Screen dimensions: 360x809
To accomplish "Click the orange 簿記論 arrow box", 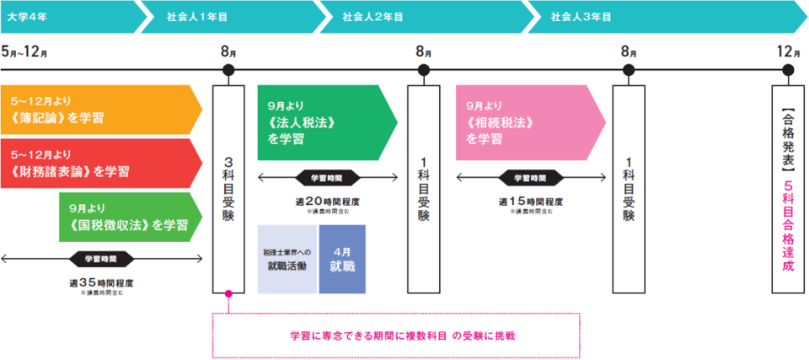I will coord(97,110).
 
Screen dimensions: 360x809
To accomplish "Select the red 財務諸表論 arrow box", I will coord(97,163).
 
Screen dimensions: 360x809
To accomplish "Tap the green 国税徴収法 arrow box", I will coord(126,217).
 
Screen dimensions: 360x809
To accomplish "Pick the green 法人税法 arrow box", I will coord(320,122).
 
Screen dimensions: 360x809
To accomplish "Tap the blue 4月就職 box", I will coord(342,259).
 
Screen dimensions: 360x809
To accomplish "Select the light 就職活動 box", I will coord(287,259).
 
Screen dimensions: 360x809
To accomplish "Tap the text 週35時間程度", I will coord(101,282).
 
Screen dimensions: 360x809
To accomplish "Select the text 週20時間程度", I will coord(326,201).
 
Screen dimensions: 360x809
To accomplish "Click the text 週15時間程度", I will coord(531,201).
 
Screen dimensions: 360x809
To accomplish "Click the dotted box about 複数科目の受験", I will coord(396,335).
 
